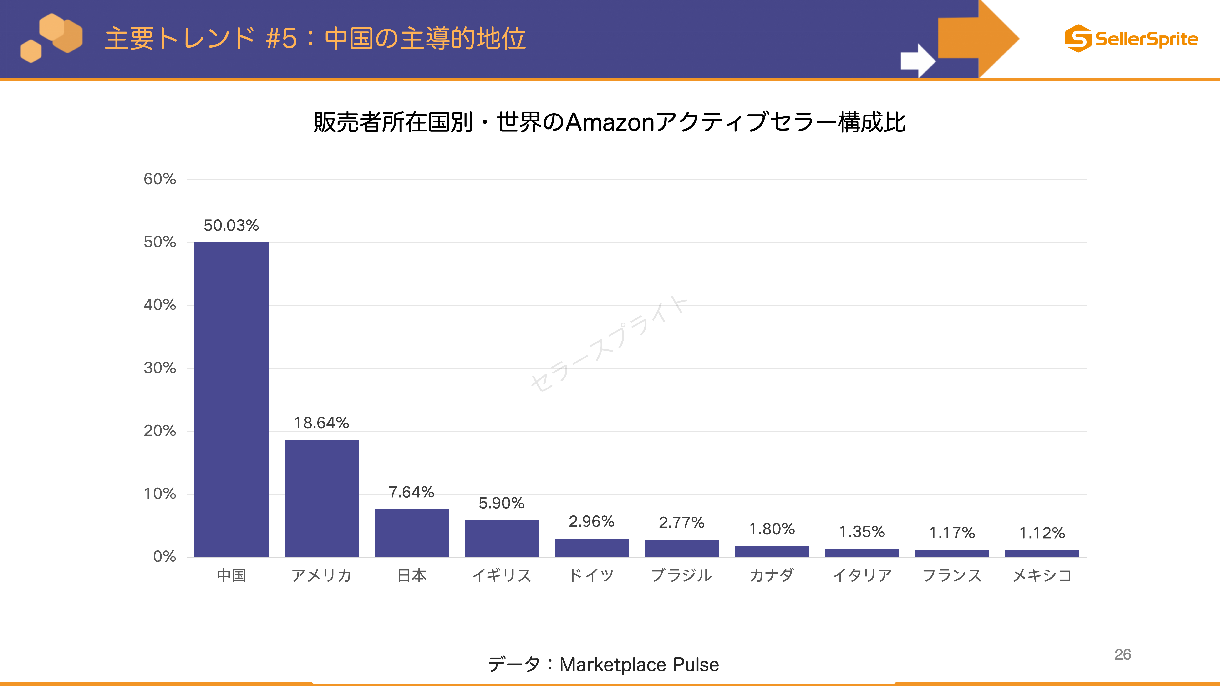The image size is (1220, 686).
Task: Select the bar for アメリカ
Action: point(322,498)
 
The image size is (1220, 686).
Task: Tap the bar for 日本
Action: point(412,533)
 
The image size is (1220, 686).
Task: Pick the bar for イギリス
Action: point(502,538)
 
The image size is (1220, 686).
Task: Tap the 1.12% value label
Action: point(1042,533)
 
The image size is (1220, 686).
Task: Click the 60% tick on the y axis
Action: point(160,179)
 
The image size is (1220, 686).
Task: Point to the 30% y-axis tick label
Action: point(160,368)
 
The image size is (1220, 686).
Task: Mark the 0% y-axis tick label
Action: point(164,556)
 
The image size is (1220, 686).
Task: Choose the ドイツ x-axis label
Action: point(591,575)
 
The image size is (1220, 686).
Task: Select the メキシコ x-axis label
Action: point(1042,575)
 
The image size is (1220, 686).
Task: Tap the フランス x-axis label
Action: point(952,575)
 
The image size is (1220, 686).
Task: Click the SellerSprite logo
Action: point(1131,38)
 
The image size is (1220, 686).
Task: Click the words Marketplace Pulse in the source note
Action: point(639,665)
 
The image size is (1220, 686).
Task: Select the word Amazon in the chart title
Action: point(610,122)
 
